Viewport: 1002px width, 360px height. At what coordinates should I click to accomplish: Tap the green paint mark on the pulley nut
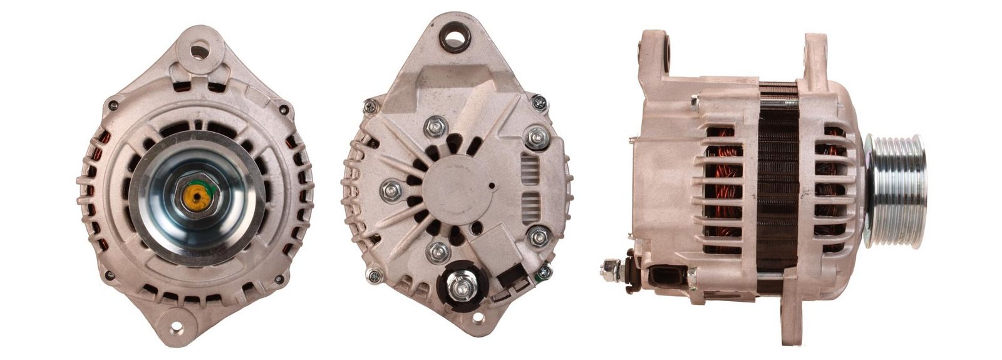(210, 188)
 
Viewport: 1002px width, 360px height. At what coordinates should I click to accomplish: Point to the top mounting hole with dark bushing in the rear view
(455, 37)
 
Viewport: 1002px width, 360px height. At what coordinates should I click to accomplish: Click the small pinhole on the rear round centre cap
(492, 185)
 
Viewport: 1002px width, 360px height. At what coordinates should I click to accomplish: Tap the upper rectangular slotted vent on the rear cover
(531, 167)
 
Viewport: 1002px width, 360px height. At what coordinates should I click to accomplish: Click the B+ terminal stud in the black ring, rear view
(461, 287)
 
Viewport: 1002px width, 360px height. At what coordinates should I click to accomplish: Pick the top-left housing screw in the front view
(113, 106)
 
